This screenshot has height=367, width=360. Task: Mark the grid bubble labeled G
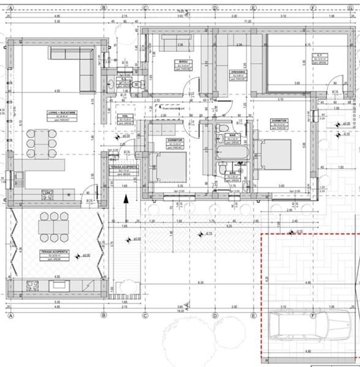350,8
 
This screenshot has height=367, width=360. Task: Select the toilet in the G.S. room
138,84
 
